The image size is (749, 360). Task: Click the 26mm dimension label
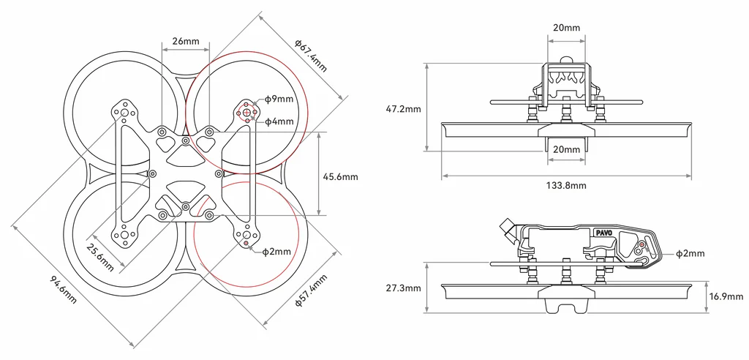coord(186,41)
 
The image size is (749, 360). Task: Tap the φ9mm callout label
coord(279,99)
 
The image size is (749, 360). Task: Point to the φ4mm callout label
coord(279,121)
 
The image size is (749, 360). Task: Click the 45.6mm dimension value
coord(340,176)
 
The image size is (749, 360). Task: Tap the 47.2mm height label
coord(403,109)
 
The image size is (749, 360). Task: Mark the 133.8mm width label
coord(568,186)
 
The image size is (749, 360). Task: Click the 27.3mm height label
coord(403,288)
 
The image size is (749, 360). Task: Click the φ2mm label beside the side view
coord(690,253)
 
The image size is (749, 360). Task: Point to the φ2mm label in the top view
coord(276,252)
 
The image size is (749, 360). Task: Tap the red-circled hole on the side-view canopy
coord(641,244)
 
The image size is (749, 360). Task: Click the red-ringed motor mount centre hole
coord(246,112)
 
